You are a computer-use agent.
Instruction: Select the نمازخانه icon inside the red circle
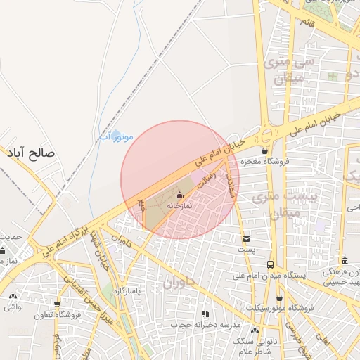click(179, 195)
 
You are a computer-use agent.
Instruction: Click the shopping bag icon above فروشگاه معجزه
click(264, 150)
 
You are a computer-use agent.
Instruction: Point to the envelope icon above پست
click(245, 239)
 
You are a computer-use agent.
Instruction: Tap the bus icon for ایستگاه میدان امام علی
click(271, 264)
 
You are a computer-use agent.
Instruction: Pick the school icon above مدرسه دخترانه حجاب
click(205, 314)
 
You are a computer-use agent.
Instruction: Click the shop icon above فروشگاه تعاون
click(57, 304)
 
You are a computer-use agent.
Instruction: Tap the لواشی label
click(13, 307)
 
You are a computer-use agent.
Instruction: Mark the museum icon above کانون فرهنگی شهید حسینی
click(344, 261)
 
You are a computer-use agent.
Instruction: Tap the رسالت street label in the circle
click(209, 177)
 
